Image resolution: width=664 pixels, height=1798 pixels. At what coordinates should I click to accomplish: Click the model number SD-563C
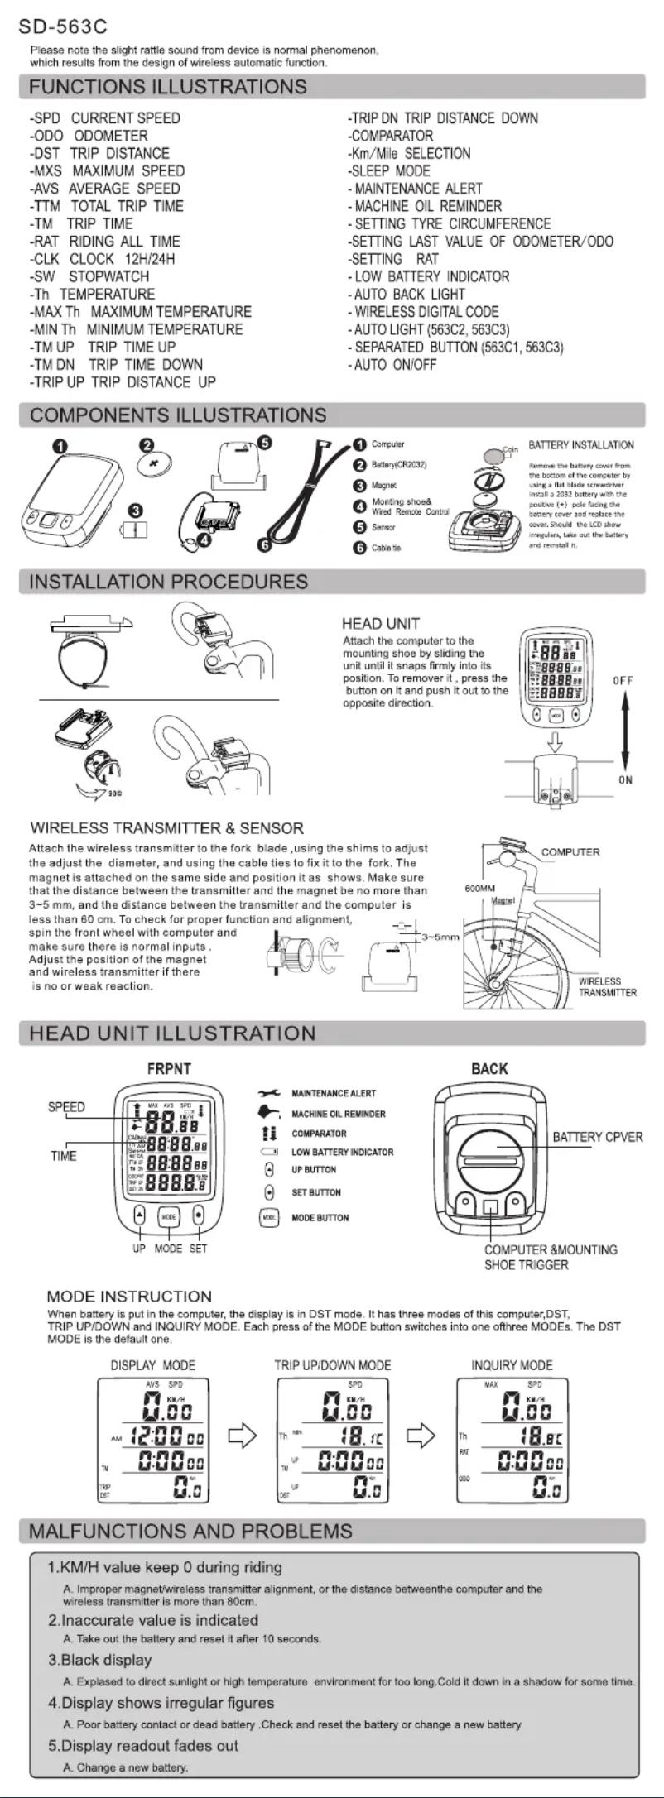coord(63,28)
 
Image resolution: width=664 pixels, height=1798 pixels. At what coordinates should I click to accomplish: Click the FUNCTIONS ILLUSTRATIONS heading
coord(168,87)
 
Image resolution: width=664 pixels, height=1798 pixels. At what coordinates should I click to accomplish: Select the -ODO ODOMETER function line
coord(89,136)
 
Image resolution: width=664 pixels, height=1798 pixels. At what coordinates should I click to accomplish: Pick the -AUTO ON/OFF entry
coord(392,365)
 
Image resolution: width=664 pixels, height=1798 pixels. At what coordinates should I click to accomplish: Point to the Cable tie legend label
coord(386,548)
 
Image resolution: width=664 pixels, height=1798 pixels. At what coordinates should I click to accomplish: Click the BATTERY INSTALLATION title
coord(581,445)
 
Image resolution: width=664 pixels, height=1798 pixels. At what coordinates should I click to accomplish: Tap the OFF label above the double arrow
coord(623,681)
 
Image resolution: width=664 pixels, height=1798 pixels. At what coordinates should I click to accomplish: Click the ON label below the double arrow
coord(625,780)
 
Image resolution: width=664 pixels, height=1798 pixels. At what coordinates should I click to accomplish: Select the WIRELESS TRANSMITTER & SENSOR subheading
coord(167,828)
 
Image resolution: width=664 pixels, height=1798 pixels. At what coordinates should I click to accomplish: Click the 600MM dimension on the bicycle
coord(479,889)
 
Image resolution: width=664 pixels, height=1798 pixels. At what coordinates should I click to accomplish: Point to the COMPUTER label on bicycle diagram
coord(570,852)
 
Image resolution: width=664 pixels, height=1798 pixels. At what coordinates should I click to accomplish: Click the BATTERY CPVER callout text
coord(598,1137)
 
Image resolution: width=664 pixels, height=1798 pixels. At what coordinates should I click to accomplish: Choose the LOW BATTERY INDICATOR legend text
coord(342,1152)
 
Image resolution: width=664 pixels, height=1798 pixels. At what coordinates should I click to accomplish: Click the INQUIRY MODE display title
coord(512,1365)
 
